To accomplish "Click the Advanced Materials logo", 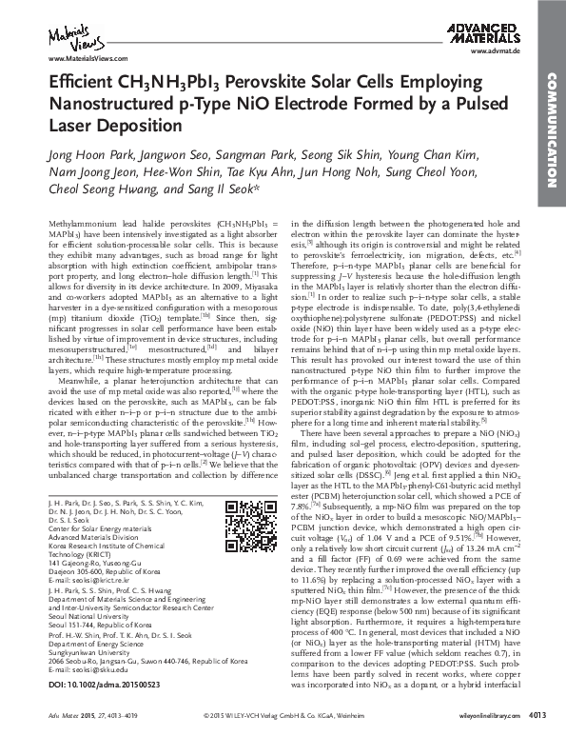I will click(x=494, y=34).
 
